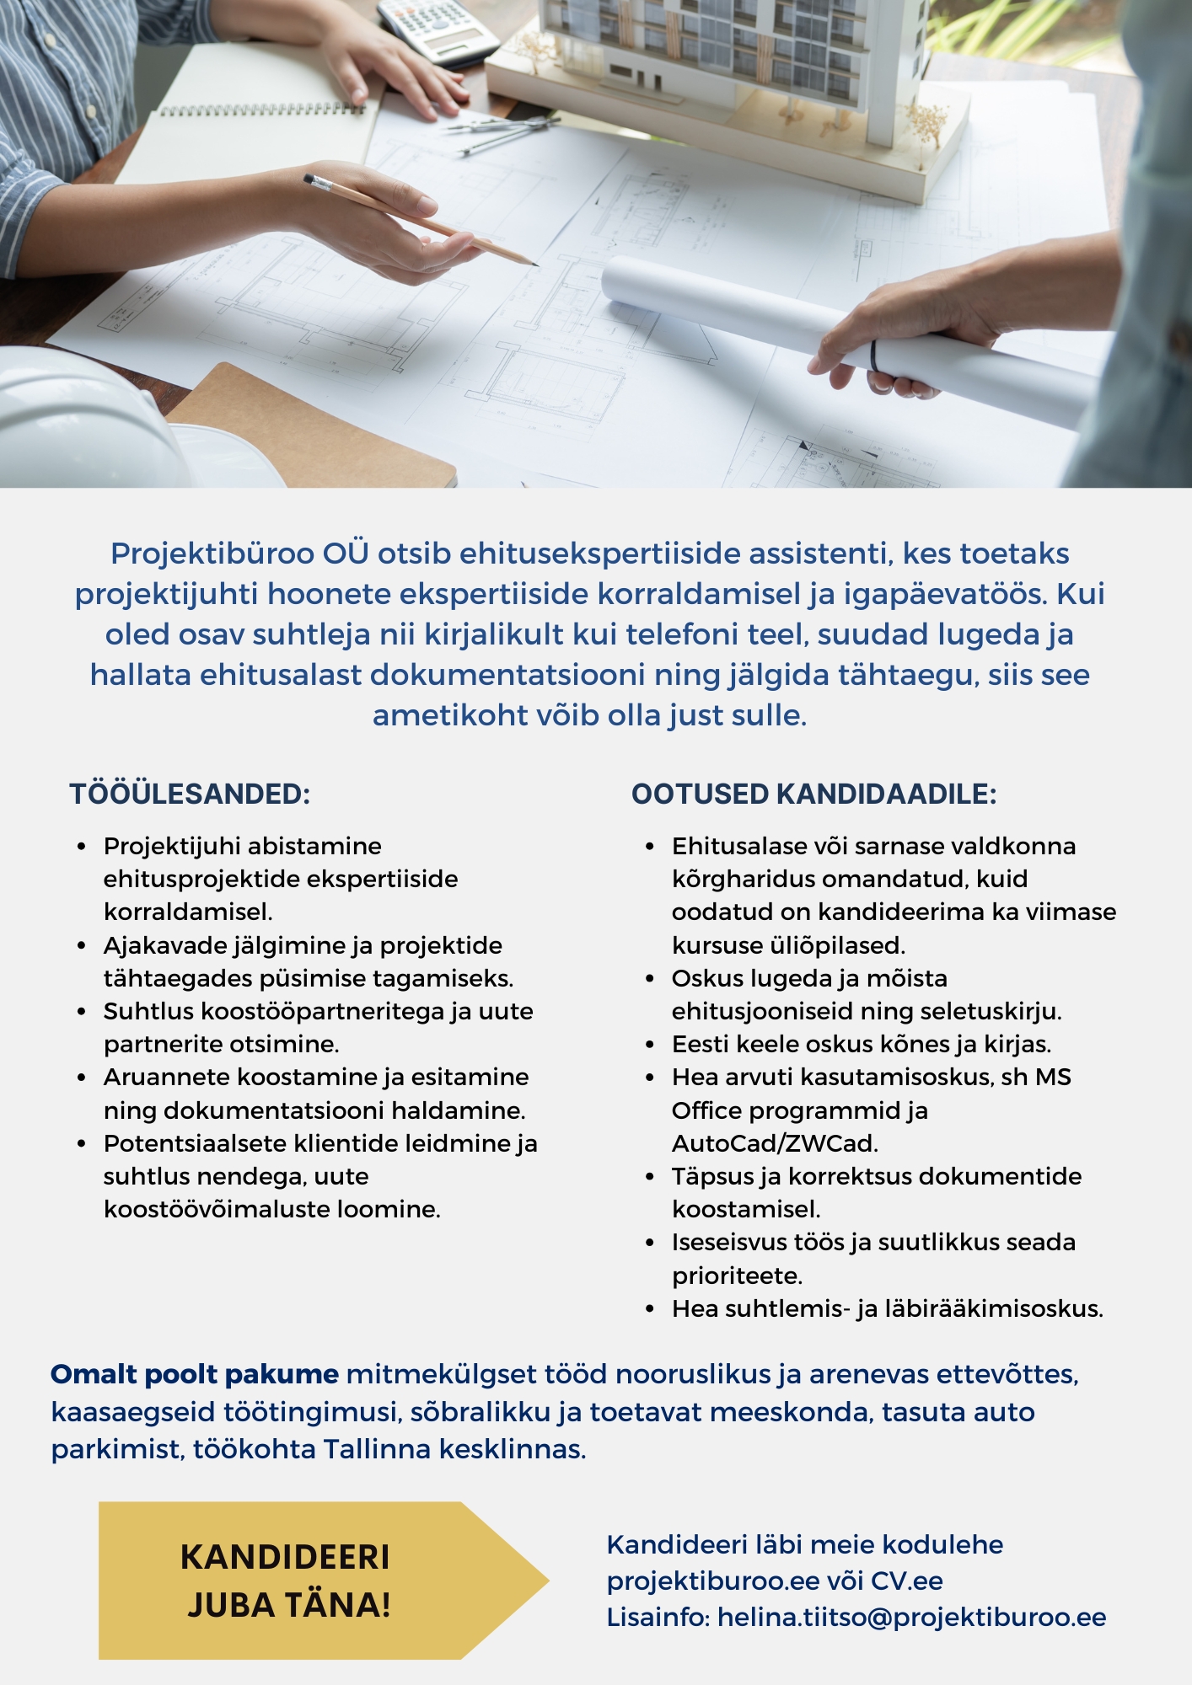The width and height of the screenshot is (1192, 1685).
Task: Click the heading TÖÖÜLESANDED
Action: click(x=190, y=794)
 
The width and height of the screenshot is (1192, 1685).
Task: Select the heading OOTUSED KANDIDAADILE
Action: click(x=813, y=794)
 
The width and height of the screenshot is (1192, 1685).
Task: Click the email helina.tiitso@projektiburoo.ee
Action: click(x=911, y=1618)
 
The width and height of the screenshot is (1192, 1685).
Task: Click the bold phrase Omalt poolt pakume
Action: click(x=195, y=1374)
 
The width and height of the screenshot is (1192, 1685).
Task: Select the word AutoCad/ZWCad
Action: click(x=775, y=1143)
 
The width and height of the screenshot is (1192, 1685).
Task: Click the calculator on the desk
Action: click(x=437, y=29)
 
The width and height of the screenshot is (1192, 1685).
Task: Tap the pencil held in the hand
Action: click(x=421, y=221)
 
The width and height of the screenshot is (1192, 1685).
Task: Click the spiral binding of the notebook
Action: click(x=261, y=110)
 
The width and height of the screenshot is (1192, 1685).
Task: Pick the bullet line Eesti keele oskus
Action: click(x=861, y=1044)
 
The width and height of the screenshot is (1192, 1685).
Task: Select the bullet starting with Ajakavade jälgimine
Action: click(x=308, y=961)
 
